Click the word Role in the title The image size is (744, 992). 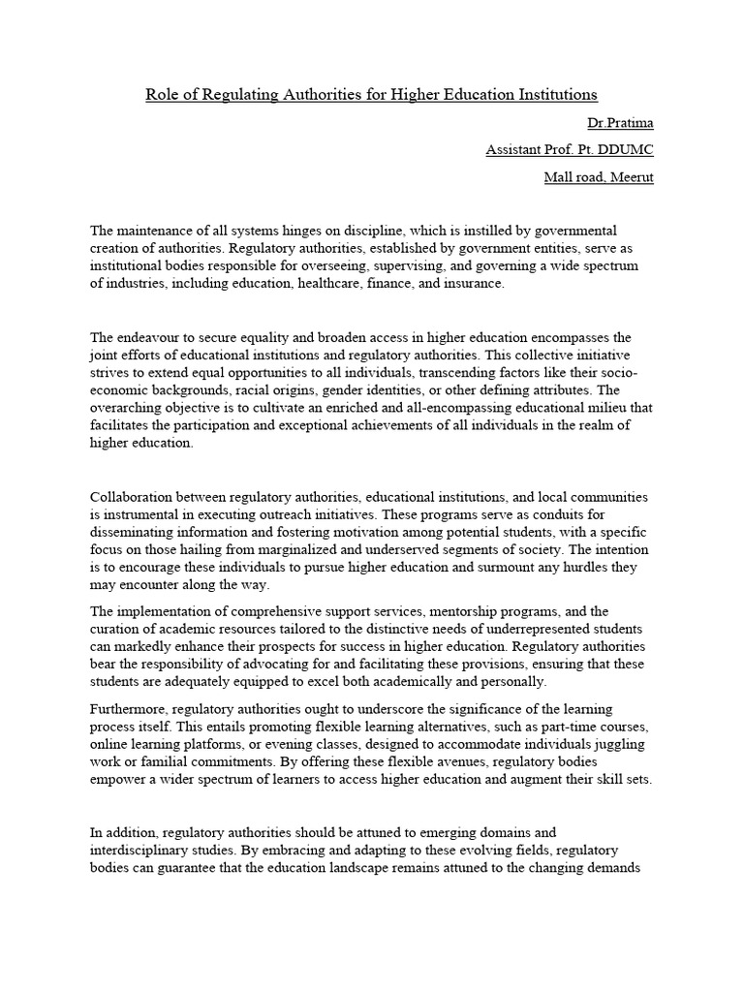[162, 94]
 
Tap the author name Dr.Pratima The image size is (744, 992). [620, 123]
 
